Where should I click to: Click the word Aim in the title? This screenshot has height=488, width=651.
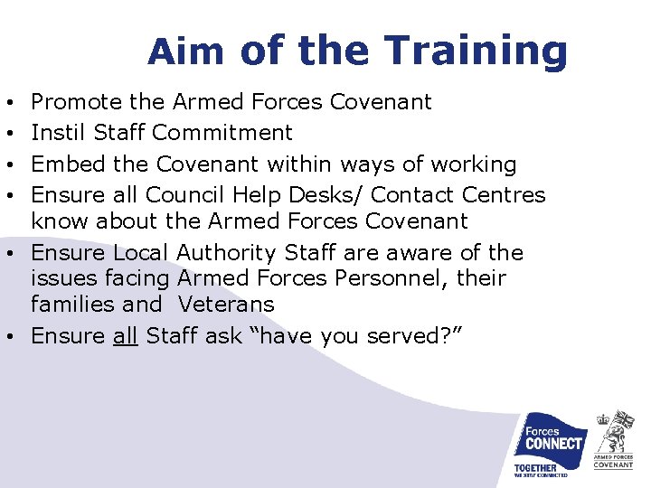point(186,52)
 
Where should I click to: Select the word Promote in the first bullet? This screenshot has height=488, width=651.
point(77,102)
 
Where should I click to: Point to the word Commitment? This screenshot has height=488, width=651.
point(222,133)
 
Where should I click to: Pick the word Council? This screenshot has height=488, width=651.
point(186,195)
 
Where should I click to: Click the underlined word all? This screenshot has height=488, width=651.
point(125,336)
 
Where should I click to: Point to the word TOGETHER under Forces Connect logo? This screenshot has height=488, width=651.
point(535,468)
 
